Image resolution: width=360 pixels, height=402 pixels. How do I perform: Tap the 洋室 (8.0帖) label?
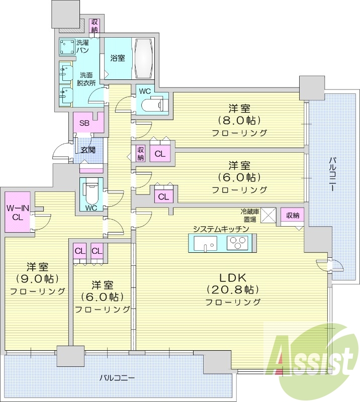point(239,120)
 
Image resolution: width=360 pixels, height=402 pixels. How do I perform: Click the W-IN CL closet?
point(17,212)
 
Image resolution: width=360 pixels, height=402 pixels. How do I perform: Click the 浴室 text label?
point(118,58)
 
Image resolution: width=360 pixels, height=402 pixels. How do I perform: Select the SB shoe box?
point(84,123)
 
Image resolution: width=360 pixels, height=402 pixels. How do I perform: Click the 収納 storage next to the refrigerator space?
point(293,216)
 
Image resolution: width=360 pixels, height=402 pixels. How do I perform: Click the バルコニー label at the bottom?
point(117,377)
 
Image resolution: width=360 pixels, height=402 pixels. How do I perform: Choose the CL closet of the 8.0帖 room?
point(160,154)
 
